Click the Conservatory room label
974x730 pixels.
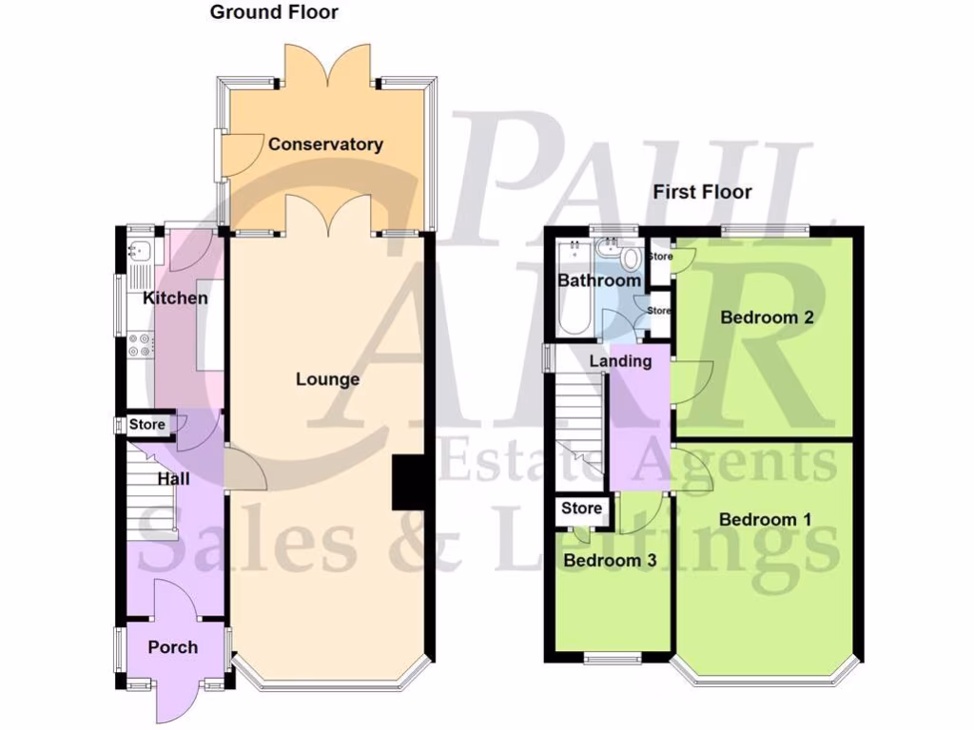(325, 144)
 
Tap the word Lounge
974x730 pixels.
(327, 379)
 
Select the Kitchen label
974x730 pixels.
(175, 298)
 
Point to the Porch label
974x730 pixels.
(173, 647)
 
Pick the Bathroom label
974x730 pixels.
(598, 280)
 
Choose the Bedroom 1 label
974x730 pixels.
(765, 519)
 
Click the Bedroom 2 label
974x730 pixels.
(767, 317)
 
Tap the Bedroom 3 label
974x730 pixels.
(610, 560)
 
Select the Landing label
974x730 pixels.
(620, 361)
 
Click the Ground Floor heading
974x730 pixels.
(274, 12)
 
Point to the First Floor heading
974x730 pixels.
(702, 192)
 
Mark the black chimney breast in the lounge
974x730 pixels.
(408, 484)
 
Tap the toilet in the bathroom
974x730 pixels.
(627, 259)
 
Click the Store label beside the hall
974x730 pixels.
(147, 425)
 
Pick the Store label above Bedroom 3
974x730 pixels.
(581, 509)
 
